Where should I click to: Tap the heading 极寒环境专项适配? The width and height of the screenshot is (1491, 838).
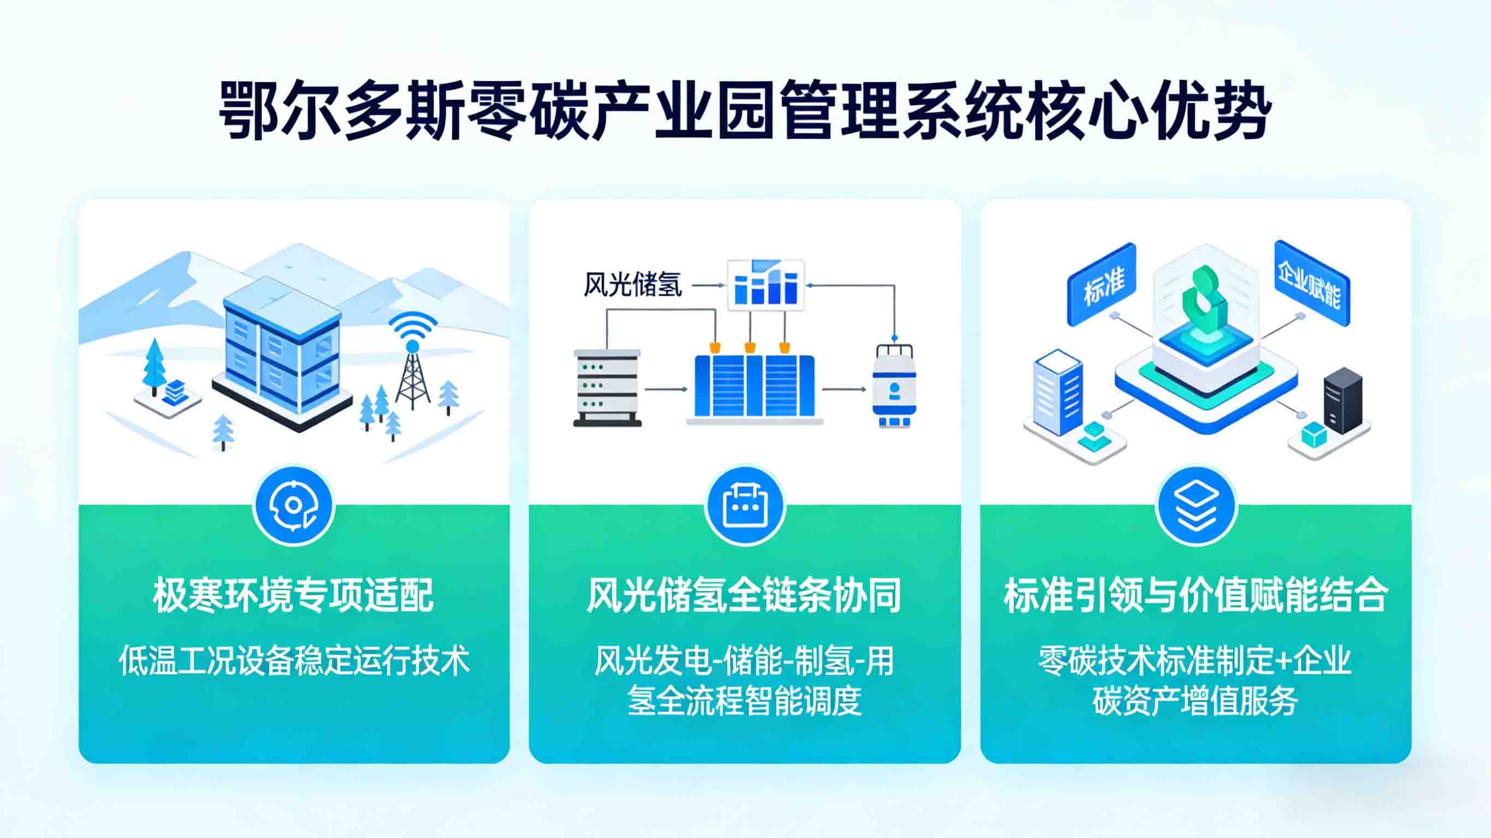293,595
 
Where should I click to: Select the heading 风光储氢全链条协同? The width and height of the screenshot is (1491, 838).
744,595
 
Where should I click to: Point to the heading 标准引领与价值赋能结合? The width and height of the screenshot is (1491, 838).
1196,595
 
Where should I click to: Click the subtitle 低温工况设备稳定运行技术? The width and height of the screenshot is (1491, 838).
294,661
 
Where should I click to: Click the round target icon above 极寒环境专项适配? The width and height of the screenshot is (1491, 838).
293,505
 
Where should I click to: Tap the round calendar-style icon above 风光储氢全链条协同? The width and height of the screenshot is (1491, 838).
745,505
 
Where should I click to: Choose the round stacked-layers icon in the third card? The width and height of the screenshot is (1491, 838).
1196,505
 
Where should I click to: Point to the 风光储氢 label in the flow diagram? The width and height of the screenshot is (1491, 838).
632,285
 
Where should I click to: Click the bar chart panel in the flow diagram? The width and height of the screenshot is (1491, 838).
766,286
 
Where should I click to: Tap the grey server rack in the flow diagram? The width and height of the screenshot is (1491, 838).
607,387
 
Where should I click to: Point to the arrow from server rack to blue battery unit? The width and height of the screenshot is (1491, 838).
666,389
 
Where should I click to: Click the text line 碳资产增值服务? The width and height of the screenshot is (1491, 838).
1196,701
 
